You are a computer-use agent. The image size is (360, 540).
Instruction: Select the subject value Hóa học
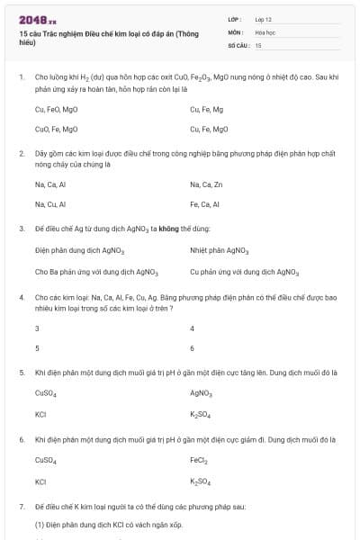click(x=265, y=31)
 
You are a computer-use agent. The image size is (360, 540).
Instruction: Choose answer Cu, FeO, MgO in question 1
click(x=56, y=109)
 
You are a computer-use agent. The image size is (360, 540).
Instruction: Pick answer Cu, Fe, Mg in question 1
click(x=206, y=109)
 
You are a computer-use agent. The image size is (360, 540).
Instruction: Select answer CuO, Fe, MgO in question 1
click(x=56, y=129)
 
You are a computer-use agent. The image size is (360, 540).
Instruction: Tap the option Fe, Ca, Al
click(x=205, y=204)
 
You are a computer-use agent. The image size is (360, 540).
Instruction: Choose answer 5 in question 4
click(x=37, y=347)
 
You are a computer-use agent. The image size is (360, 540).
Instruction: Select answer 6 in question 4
click(x=192, y=347)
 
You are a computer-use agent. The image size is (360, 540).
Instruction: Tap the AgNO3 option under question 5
click(x=201, y=392)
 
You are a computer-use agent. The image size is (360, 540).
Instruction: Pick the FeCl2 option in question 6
click(x=199, y=460)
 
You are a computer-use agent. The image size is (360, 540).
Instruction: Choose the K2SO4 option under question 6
click(x=200, y=481)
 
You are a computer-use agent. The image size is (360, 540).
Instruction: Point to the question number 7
click(x=21, y=508)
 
